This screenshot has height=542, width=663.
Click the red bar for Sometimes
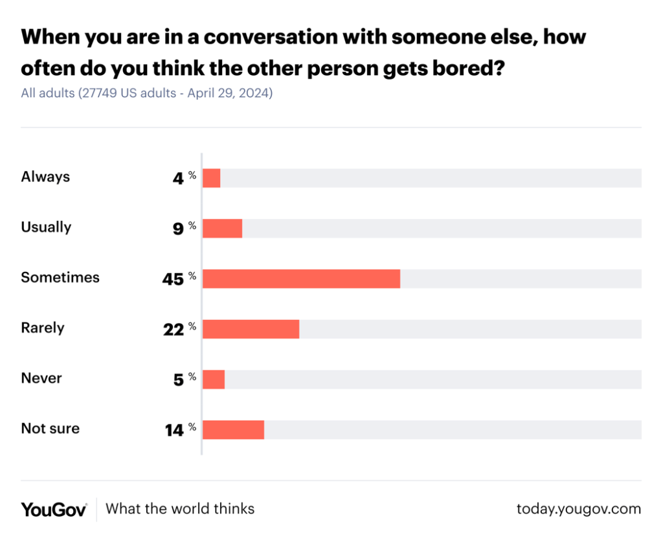point(301,278)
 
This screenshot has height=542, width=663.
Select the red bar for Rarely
point(251,329)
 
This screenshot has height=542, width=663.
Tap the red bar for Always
point(211,178)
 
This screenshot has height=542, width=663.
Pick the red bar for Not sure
point(233,429)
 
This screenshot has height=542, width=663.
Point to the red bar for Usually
point(222,228)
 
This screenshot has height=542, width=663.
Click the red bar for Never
point(213,379)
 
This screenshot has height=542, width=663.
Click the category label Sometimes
point(60,277)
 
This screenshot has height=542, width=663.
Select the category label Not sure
point(50,428)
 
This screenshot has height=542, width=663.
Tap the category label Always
point(45,176)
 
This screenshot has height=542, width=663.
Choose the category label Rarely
point(43,328)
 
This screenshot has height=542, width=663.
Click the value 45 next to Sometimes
point(173,278)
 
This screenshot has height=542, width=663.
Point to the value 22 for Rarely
point(174,329)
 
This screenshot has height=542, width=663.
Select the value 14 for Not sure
point(174,429)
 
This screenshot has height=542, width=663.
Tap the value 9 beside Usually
point(178,228)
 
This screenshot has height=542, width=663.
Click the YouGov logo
point(54,509)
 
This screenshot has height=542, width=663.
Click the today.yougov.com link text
point(578,509)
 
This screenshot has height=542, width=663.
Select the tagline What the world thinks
point(180,509)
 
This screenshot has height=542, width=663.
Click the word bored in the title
point(462,68)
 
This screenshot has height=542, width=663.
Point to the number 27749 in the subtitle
point(97,93)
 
